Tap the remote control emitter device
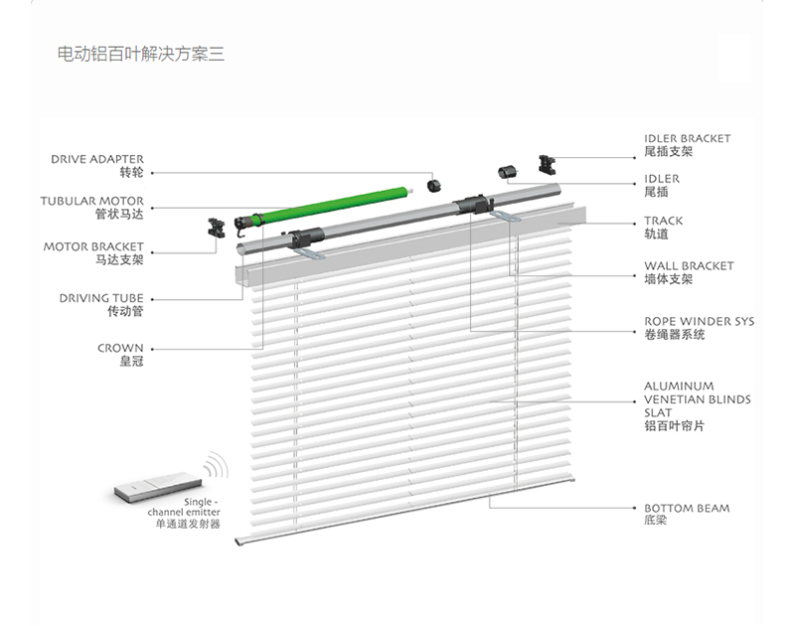tap(158, 487)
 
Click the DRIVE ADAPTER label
tap(96, 159)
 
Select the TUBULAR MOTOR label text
tap(91, 201)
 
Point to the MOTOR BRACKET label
tap(93, 246)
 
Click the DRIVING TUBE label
tap(101, 298)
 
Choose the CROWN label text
tap(120, 348)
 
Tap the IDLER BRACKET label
tap(688, 138)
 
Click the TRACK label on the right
tap(663, 221)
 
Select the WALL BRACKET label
tap(689, 265)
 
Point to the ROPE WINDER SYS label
tap(700, 321)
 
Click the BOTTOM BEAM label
tap(687, 508)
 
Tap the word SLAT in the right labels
tap(658, 412)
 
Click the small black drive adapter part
tap(434, 186)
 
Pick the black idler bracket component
tap(547, 165)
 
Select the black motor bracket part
tap(217, 229)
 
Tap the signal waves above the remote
tap(217, 465)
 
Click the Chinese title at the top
tap(140, 54)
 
